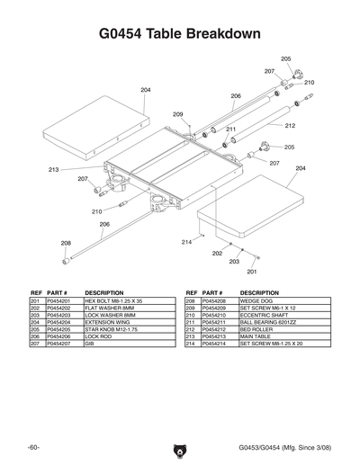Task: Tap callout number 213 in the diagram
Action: coord(54,169)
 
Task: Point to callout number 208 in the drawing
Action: coord(66,243)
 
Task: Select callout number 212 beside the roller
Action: coord(290,126)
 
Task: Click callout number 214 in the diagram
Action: coord(187,242)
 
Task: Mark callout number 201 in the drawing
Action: coord(252,271)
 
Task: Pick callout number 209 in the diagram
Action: coord(178,114)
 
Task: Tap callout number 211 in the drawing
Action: coord(230,130)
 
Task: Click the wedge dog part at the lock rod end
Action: coord(66,260)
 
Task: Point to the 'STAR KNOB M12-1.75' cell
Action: coord(112,329)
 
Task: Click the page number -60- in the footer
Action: coord(33,447)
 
